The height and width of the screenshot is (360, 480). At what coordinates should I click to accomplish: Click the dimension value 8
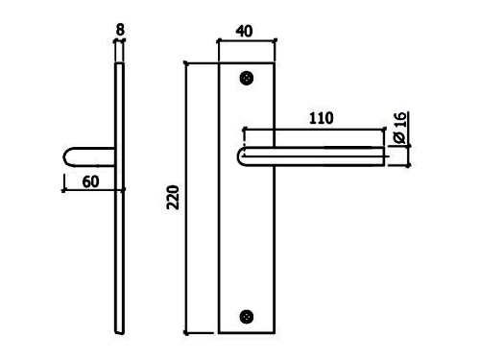[x=120, y=30]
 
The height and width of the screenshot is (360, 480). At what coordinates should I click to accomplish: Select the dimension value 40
[x=245, y=31]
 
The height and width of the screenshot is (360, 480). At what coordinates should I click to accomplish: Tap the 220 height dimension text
[x=173, y=197]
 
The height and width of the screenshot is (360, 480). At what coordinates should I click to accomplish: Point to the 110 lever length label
[x=322, y=118]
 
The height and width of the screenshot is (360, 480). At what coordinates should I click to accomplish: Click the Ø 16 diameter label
[x=399, y=128]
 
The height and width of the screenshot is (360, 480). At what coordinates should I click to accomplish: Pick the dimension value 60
[x=90, y=182]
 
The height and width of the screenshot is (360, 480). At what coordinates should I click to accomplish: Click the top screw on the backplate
[x=247, y=78]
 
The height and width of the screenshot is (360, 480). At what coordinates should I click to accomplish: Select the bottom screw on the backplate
[x=247, y=317]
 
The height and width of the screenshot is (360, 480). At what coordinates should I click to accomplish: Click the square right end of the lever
[x=384, y=156]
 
